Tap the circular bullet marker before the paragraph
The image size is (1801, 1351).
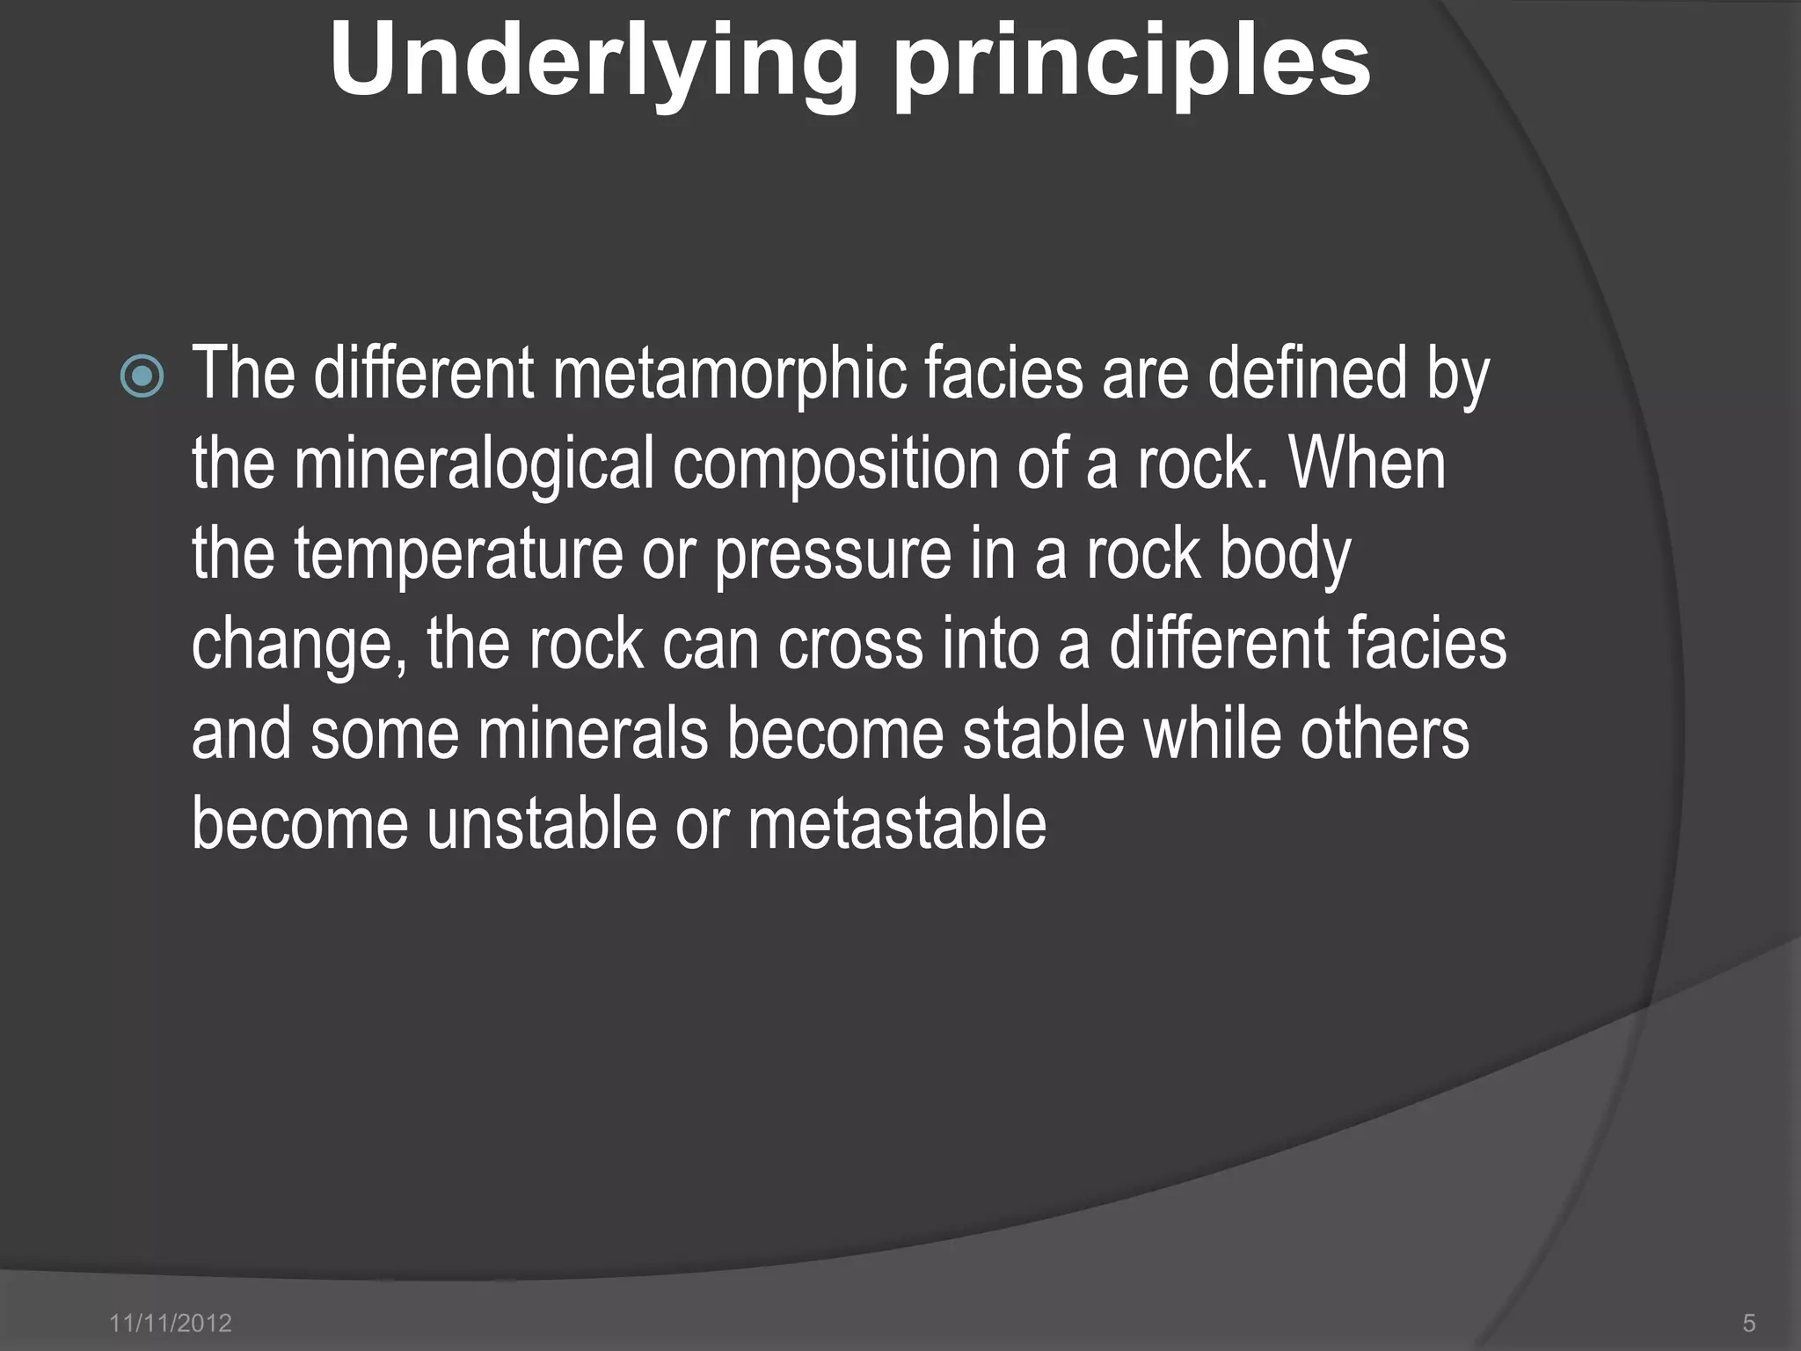click(x=142, y=377)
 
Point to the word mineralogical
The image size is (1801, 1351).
click(x=474, y=464)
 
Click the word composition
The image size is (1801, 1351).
click(x=835, y=464)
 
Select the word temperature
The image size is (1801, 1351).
click(x=458, y=554)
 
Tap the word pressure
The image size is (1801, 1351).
click(x=833, y=556)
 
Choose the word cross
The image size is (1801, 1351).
click(x=849, y=645)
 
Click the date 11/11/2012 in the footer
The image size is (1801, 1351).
click(x=171, y=1323)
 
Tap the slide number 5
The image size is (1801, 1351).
click(x=1749, y=1323)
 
